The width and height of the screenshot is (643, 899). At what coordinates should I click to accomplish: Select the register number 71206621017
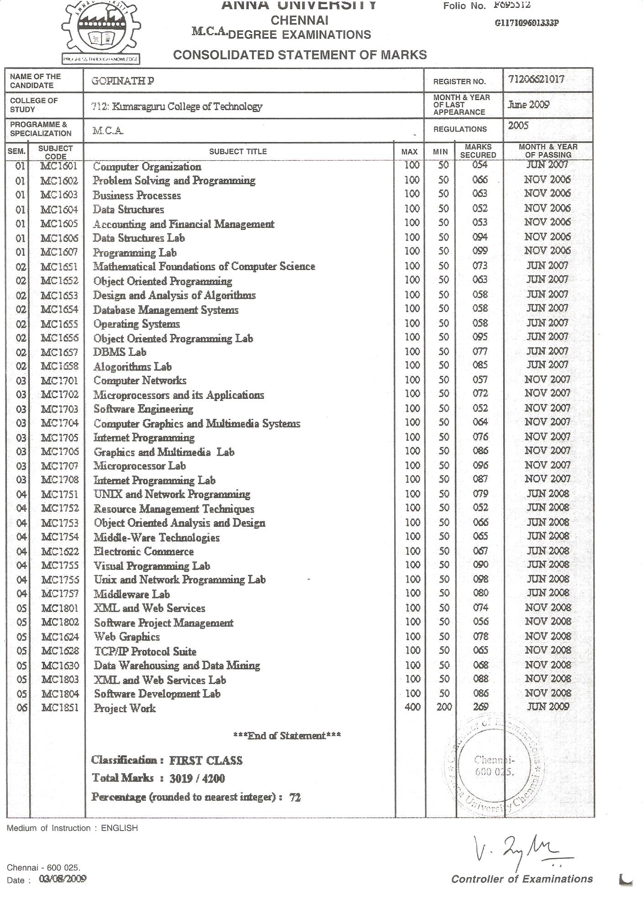tap(536, 79)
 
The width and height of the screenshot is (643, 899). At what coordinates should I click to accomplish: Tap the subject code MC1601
tap(59, 166)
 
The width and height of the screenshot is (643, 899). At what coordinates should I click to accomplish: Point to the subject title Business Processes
tap(137, 196)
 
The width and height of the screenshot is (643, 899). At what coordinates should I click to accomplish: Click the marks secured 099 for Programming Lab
tap(480, 251)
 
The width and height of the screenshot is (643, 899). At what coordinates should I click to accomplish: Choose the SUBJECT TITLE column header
tap(237, 151)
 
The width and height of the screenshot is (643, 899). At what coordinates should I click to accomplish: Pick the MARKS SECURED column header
tap(478, 151)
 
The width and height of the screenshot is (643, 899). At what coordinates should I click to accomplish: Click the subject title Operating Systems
tap(137, 324)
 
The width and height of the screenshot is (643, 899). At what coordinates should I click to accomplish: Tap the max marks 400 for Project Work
tap(412, 707)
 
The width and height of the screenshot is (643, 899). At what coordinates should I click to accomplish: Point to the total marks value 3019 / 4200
tap(197, 778)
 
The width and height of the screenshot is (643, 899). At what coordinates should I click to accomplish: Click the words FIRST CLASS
tap(206, 761)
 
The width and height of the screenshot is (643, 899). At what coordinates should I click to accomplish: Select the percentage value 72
tap(295, 798)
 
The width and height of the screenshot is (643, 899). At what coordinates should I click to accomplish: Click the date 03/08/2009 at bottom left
tap(63, 878)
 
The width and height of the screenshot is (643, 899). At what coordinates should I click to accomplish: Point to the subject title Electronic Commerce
tap(143, 551)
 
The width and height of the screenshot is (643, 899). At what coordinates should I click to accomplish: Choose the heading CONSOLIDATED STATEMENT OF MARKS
tap(300, 55)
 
